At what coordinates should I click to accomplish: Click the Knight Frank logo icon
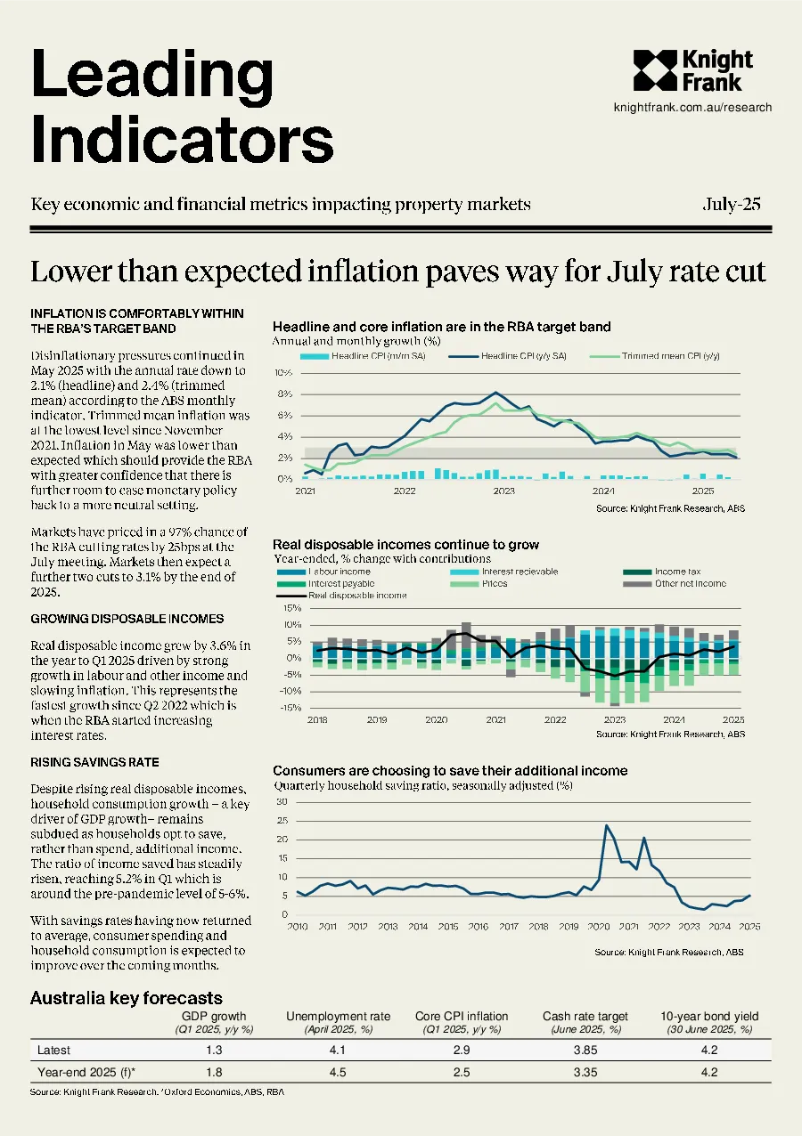[x=655, y=70]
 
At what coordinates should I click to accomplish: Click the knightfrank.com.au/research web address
[x=692, y=108]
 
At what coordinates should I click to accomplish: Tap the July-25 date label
[x=732, y=204]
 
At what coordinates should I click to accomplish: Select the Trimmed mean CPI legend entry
[x=654, y=356]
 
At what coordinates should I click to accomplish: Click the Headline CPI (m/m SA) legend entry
[x=363, y=356]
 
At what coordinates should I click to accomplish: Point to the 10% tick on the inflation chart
[x=283, y=373]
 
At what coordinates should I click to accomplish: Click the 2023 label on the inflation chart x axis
[x=503, y=491]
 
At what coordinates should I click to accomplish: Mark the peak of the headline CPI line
[x=496, y=393]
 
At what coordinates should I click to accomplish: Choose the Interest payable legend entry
[x=326, y=584]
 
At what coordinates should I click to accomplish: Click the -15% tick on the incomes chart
[x=291, y=708]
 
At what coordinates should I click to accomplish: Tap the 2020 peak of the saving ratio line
[x=606, y=825]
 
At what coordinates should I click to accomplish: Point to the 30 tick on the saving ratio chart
[x=282, y=802]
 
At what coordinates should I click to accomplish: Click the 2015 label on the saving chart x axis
[x=448, y=927]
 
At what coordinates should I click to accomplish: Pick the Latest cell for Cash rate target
[x=585, y=1050]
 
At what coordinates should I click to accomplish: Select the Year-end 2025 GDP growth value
[x=214, y=1072]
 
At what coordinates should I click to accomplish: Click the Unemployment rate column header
[x=338, y=1017]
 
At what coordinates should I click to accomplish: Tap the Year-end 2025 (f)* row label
[x=86, y=1072]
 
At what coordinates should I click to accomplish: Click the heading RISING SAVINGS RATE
[x=95, y=762]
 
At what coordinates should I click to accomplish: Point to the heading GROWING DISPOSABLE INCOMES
[x=127, y=619]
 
